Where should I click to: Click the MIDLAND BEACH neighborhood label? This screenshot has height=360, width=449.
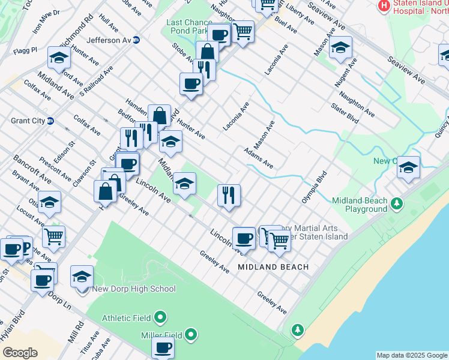[x=273, y=266]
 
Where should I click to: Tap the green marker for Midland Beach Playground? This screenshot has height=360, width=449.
[x=396, y=204]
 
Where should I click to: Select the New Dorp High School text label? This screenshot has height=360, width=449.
[x=133, y=289]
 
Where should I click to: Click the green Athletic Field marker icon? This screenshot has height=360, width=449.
[x=160, y=316]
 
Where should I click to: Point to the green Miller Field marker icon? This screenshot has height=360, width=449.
[x=191, y=334]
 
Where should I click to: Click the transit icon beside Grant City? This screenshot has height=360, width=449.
[x=51, y=121]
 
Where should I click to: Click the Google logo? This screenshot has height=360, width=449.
[x=20, y=353]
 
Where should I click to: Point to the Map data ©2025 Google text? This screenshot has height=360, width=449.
[x=411, y=355]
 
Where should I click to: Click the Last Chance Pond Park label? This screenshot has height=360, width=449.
[x=188, y=26]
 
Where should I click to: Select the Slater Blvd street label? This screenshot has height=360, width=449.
[x=345, y=115]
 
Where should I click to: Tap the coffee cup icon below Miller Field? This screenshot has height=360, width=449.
[x=163, y=347]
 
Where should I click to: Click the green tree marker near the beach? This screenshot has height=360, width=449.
[x=297, y=329]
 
